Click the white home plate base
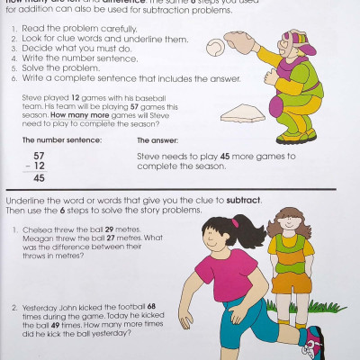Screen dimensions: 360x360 [x=244, y=112]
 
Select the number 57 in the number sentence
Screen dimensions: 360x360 [x=40, y=156]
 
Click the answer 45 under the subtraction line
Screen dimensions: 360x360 [x=40, y=178]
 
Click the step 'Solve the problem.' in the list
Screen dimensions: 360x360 [x=59, y=68]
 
